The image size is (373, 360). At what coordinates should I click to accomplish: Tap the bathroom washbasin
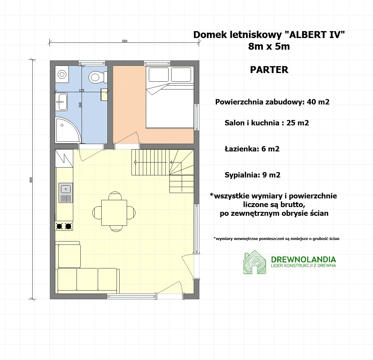(x=62, y=102)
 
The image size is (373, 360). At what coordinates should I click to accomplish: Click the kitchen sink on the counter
(x=65, y=193)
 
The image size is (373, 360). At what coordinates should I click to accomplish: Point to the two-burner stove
(x=64, y=226)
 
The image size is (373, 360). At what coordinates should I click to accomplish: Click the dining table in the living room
(x=114, y=213)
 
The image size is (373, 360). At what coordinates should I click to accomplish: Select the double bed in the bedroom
(x=169, y=102)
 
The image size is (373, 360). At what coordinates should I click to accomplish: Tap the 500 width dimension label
(x=125, y=41)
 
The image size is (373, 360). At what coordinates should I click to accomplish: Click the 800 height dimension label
(x=31, y=180)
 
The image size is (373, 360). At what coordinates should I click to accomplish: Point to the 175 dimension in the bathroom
(x=82, y=90)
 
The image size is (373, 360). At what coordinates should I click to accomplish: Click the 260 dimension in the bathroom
(x=80, y=105)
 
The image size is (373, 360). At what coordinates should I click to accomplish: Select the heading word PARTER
(x=269, y=70)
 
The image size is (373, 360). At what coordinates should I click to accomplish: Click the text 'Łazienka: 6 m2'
(x=252, y=149)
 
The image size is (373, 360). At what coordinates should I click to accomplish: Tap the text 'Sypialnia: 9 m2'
(x=252, y=175)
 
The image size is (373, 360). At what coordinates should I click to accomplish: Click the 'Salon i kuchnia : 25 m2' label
(x=267, y=123)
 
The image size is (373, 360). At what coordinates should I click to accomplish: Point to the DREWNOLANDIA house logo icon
(x=254, y=263)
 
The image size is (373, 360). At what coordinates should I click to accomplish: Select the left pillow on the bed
(x=159, y=75)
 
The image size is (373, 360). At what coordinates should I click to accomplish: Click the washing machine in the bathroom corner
(x=62, y=74)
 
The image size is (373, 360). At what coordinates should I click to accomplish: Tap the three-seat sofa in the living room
(x=87, y=280)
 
